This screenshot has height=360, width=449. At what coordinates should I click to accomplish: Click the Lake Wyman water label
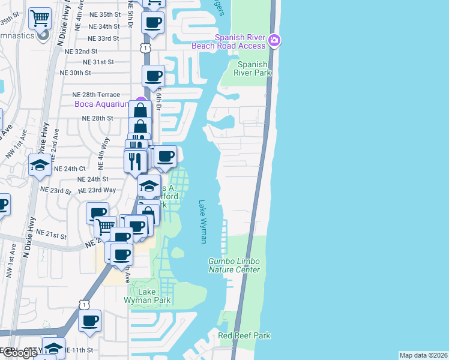[x=203, y=221]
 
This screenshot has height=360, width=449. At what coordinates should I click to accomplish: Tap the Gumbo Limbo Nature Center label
[x=234, y=265]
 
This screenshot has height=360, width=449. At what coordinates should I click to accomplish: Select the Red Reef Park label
[x=244, y=335]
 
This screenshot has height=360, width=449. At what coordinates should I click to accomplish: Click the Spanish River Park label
[x=255, y=68]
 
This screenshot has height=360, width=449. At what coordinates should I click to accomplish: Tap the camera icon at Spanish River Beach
[x=274, y=41]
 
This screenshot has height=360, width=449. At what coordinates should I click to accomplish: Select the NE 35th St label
[x=104, y=14]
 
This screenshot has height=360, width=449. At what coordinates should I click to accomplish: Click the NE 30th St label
[x=75, y=73]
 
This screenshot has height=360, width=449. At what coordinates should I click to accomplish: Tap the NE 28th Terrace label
[x=96, y=95]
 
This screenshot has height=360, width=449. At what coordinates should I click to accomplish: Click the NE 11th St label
[x=79, y=350]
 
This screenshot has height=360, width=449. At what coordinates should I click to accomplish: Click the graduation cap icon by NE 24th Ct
[x=40, y=164]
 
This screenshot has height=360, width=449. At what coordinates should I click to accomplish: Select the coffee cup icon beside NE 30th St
[x=153, y=76]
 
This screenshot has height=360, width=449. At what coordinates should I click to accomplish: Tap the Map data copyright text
[x=423, y=355]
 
